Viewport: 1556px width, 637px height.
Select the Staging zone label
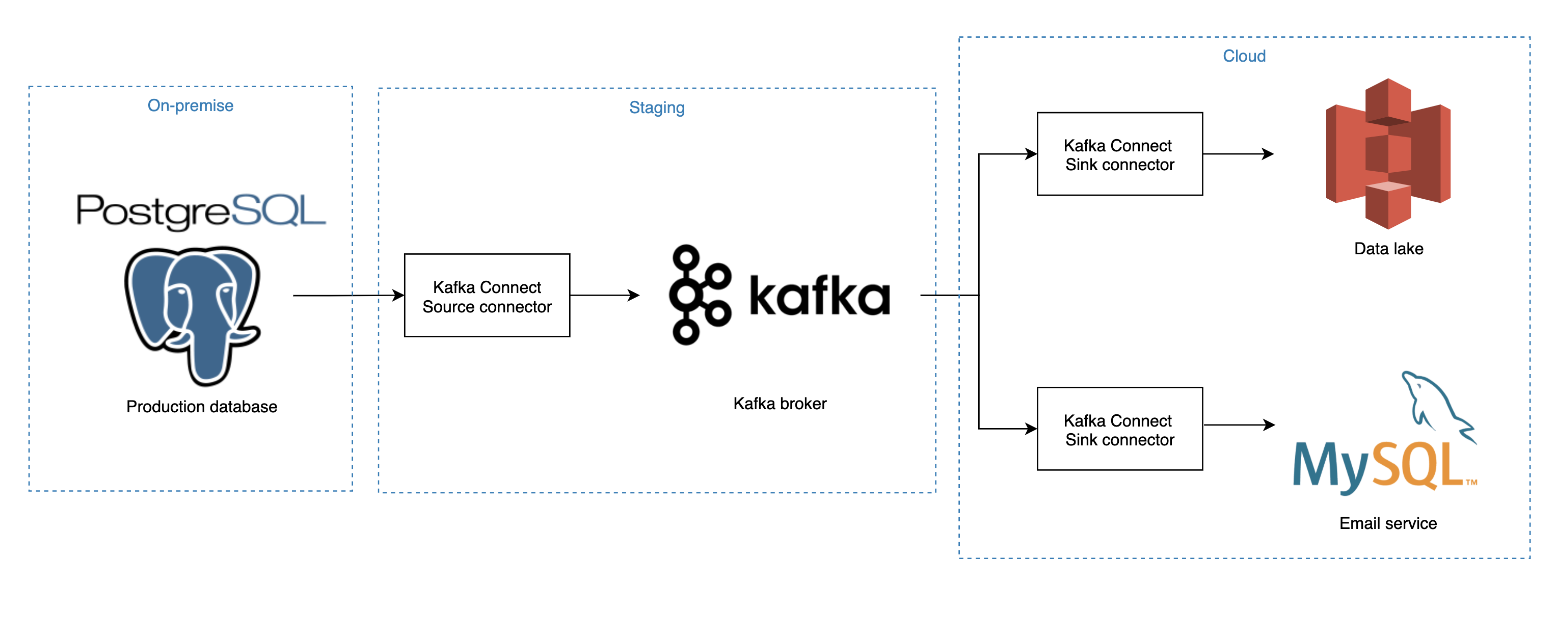657,108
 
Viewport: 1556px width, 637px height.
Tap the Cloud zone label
1244,56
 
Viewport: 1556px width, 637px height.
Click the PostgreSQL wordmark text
201,211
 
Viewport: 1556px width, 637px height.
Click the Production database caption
201,407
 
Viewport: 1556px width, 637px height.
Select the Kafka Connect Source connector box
487,296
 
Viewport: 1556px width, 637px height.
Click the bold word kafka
819,296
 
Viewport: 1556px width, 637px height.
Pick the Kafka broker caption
779,404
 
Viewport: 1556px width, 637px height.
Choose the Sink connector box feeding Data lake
1119,154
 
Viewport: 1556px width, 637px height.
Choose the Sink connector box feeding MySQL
1119,429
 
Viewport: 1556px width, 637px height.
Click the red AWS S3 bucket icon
1387,154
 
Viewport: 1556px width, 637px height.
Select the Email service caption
1387,523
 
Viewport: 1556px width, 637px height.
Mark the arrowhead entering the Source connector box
398,296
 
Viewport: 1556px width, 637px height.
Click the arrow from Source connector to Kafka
604,296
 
